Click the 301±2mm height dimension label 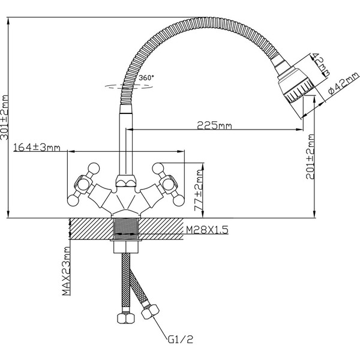[x=5, y=118]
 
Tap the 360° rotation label [x=146, y=78]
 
